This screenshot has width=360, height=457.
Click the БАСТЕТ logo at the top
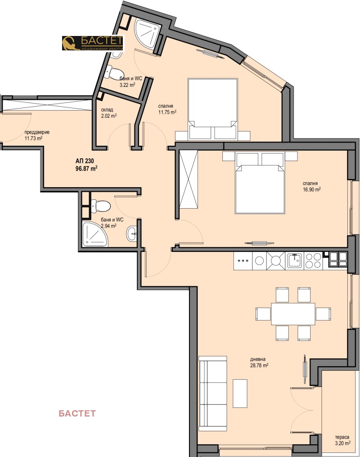tap(93, 43)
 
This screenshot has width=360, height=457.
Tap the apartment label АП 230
tap(85, 161)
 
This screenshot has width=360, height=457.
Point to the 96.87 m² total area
tap(86, 168)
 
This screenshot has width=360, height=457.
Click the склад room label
tap(107, 110)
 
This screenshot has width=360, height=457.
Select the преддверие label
tap(37, 132)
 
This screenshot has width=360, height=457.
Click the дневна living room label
tap(258, 359)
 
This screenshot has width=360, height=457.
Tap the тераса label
tap(342, 437)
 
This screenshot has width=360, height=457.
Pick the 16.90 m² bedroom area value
tap(311, 189)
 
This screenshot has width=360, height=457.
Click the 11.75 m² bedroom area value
tap(167, 112)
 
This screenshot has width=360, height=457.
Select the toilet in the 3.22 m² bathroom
tap(113, 72)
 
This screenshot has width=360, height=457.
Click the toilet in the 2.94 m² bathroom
tap(101, 206)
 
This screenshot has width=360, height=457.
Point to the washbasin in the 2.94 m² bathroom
tap(131, 233)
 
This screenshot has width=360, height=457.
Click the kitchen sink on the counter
tap(295, 260)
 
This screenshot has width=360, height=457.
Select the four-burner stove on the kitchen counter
tap(313, 260)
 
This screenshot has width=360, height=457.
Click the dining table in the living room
tap(293, 314)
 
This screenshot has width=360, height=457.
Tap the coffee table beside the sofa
tap(240, 393)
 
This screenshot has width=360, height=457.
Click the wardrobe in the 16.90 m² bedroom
tap(189, 179)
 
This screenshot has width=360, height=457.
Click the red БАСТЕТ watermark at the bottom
tap(77, 413)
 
